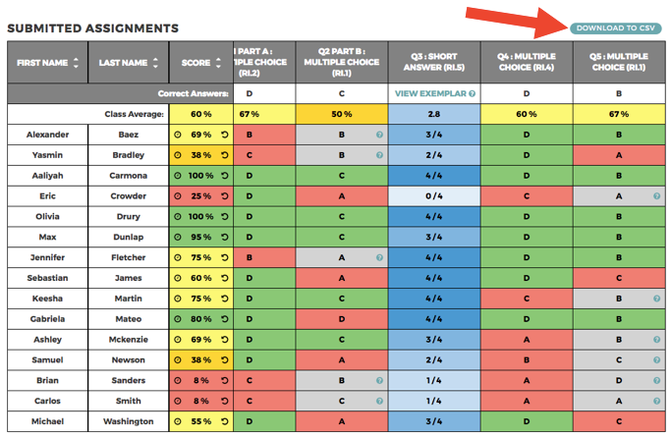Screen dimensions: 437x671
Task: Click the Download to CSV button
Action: click(x=616, y=27)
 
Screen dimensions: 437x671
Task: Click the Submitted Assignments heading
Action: click(x=93, y=27)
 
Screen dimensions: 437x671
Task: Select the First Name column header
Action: click(x=42, y=63)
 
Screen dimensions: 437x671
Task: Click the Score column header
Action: click(x=200, y=63)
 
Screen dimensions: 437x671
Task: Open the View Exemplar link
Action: click(x=434, y=93)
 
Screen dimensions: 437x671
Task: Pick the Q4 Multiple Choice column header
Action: click(x=527, y=63)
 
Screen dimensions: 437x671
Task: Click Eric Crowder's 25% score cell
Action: click(x=200, y=196)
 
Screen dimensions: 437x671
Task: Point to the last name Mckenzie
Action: click(x=128, y=340)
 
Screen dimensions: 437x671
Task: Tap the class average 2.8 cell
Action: click(x=434, y=114)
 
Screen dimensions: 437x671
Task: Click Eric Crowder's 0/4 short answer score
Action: click(x=434, y=196)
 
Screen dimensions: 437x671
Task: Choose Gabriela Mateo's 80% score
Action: click(x=200, y=319)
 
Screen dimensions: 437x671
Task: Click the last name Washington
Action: click(x=128, y=421)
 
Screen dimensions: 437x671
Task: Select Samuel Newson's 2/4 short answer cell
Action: click(x=434, y=360)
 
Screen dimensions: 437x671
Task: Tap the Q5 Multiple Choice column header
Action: click(x=619, y=63)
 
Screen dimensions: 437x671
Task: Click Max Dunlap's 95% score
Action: click(x=200, y=237)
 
